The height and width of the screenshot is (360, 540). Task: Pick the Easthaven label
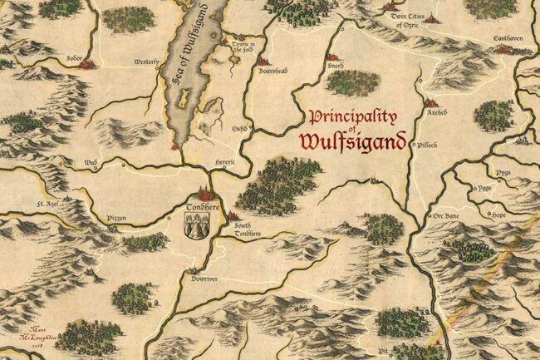pos(506,38)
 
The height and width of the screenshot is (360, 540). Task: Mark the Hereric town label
pos(226,161)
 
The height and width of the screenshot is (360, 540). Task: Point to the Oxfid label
pos(240,128)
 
